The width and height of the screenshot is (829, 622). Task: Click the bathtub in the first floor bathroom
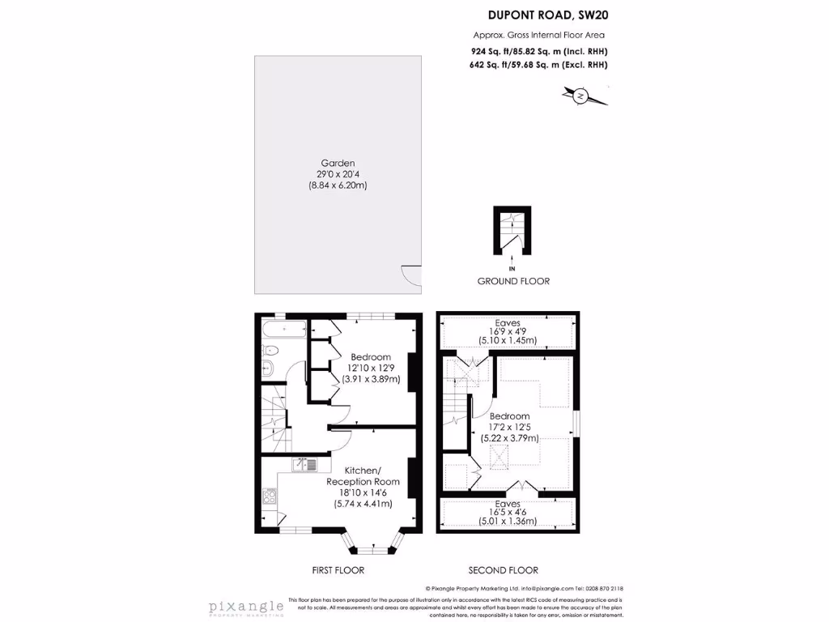pos(283,330)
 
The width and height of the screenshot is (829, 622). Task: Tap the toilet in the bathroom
pos(270,351)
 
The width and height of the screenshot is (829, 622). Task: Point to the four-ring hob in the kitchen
pos(268,496)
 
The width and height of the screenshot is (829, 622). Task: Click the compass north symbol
pos(580,96)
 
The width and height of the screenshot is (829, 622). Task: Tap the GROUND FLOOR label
pos(512,281)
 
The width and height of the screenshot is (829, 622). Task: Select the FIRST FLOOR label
pos(338,570)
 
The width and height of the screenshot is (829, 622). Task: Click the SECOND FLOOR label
pos(503,570)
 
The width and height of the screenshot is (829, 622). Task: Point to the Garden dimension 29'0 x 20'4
pos(338,174)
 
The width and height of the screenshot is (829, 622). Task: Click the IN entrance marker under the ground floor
pos(512,268)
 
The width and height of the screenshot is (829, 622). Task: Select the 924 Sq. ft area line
pos(539,51)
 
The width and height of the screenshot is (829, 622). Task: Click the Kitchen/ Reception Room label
pos(363,476)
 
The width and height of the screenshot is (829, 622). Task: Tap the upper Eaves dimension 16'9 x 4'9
pos(508,331)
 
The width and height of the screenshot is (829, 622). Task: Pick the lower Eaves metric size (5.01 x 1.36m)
pos(508,522)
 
